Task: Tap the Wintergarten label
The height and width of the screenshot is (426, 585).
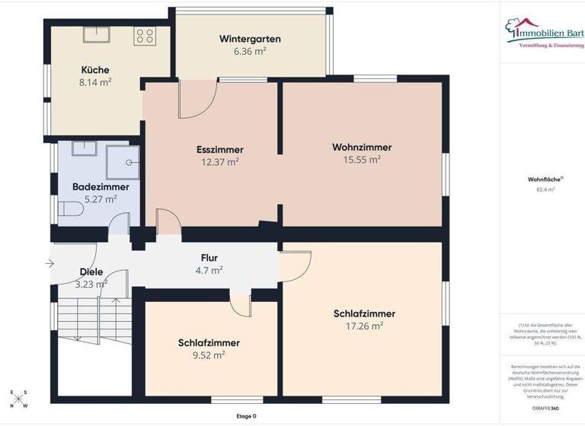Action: pyautogui.click(x=250, y=39)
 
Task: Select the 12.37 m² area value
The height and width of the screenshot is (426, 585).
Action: pyautogui.click(x=219, y=161)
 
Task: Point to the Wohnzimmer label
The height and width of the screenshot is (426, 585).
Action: pyautogui.click(x=362, y=147)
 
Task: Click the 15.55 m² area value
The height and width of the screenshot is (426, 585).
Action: pyautogui.click(x=362, y=160)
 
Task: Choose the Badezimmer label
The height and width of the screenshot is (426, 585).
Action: pyautogui.click(x=101, y=186)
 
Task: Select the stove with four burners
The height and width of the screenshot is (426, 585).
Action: pyautogui.click(x=145, y=35)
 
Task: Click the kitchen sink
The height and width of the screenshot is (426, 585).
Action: pyautogui.click(x=97, y=34)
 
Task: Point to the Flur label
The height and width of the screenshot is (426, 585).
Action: pyautogui.click(x=209, y=258)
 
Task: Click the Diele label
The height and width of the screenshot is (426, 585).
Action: pyautogui.click(x=91, y=272)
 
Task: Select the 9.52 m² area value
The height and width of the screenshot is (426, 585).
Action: pyautogui.click(x=209, y=354)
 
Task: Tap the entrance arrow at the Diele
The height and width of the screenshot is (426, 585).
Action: pyautogui.click(x=50, y=264)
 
